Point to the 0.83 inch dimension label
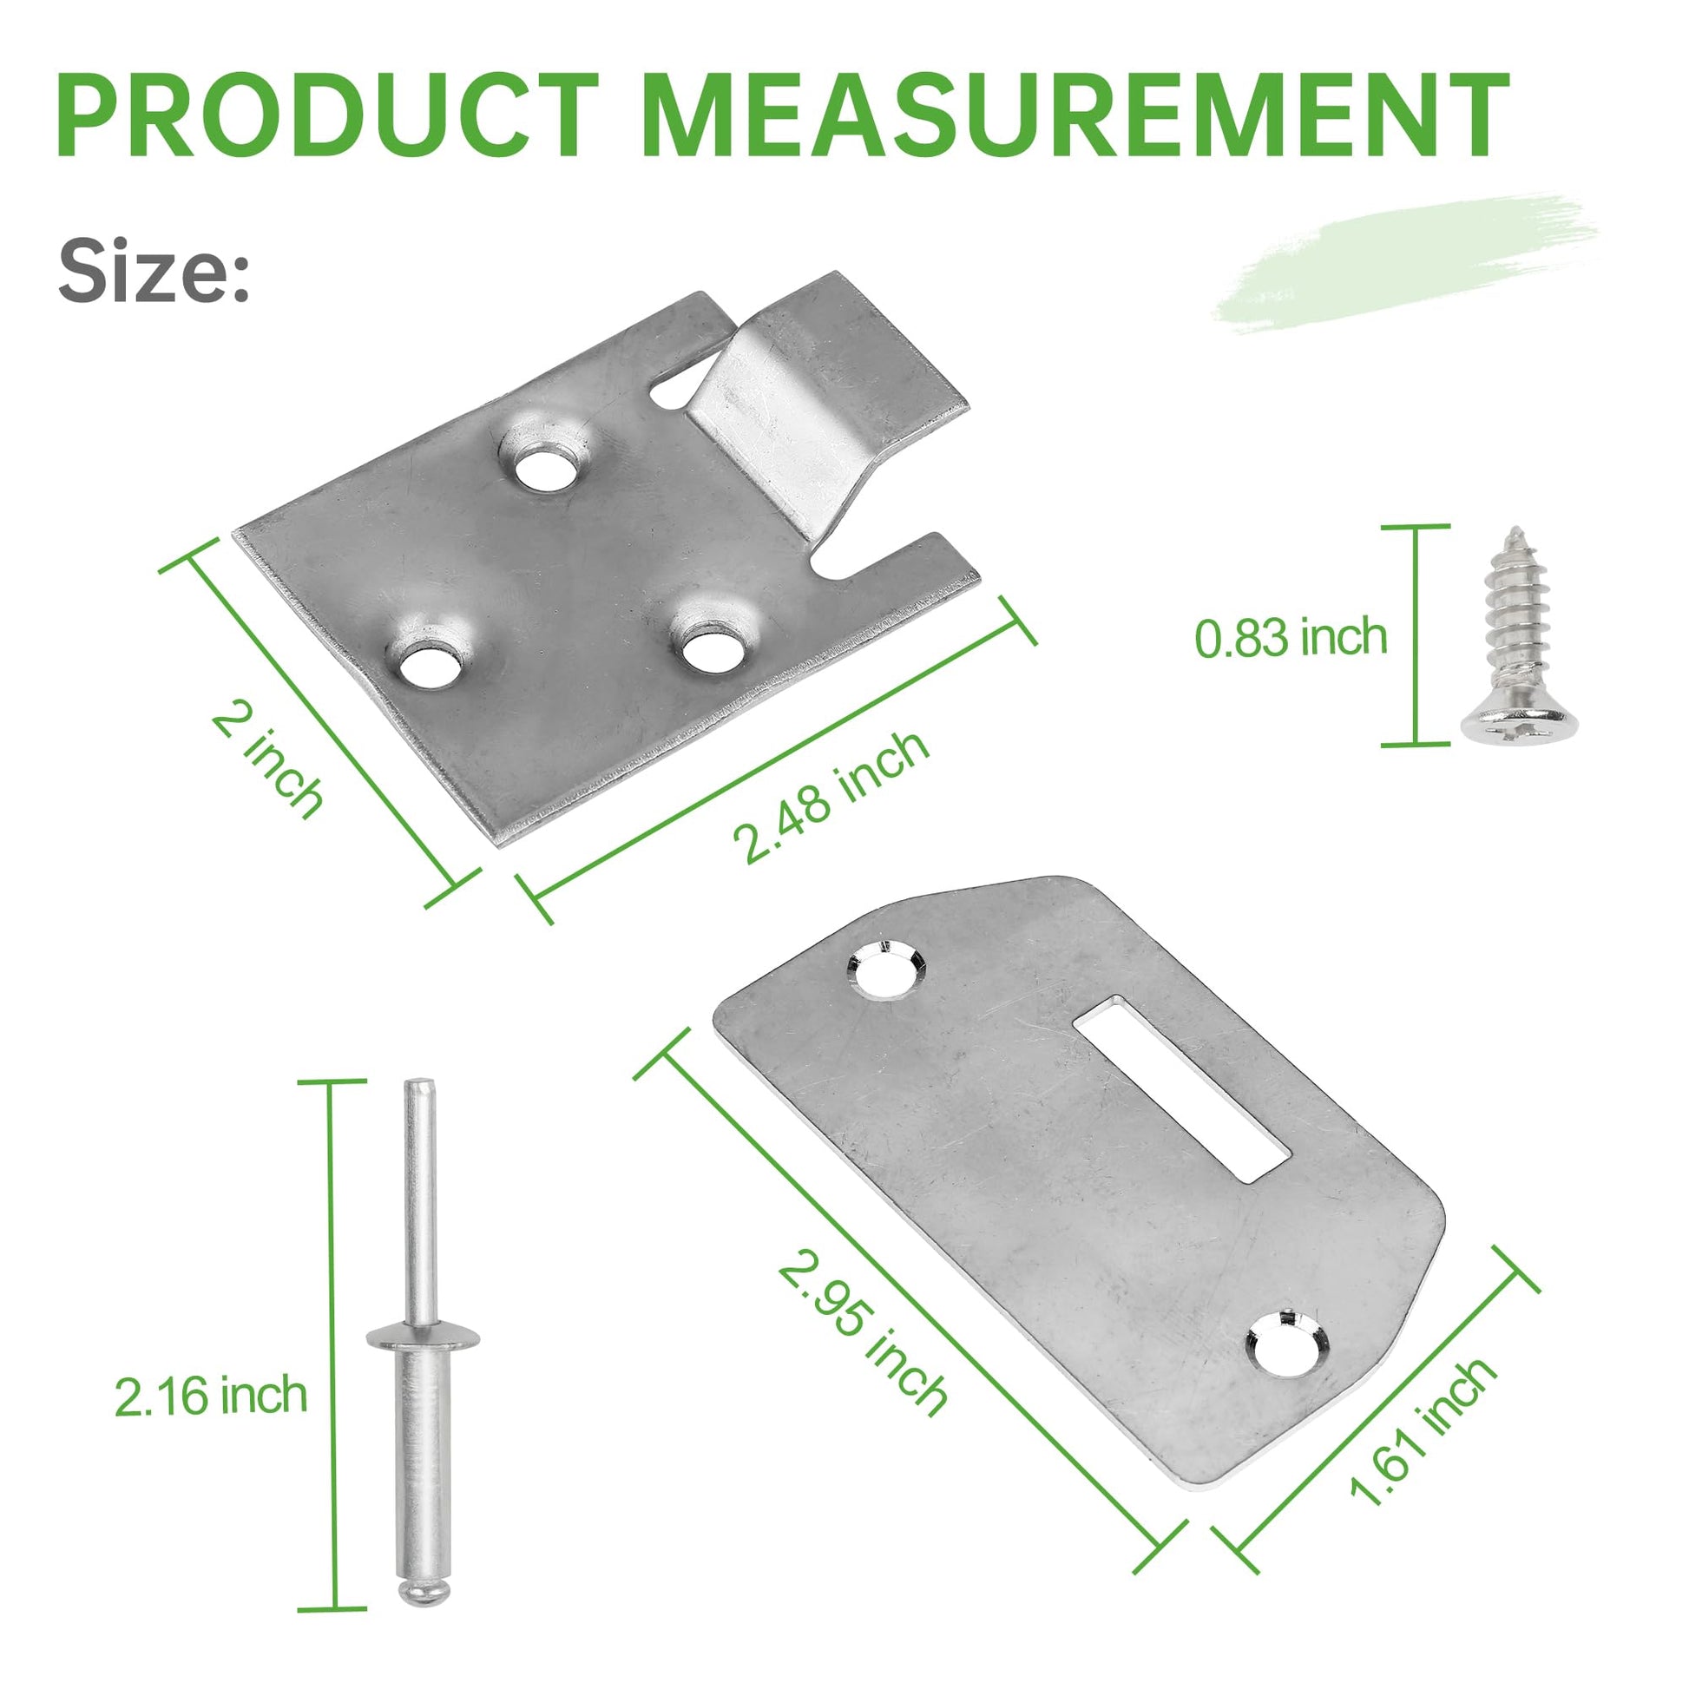(x=1291, y=637)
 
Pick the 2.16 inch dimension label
(x=212, y=1397)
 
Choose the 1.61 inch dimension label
(x=1422, y=1431)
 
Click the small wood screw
(x=1519, y=635)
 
